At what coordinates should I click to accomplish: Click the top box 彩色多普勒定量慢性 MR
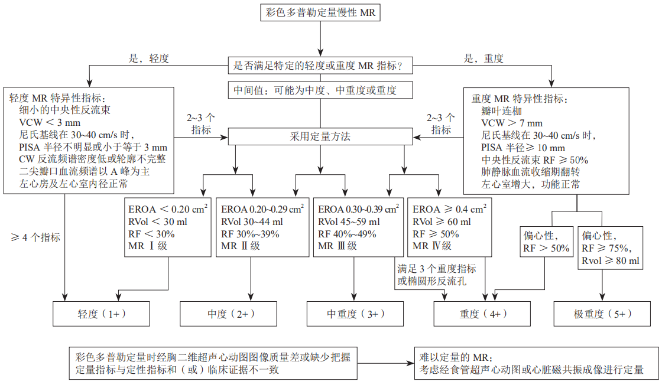(319, 12)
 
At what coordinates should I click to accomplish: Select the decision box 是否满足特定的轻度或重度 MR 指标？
(319, 66)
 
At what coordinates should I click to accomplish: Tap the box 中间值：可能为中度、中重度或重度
(319, 90)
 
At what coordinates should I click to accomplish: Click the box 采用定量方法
(320, 136)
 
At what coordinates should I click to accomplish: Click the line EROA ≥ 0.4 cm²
(450, 209)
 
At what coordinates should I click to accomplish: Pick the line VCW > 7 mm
(512, 123)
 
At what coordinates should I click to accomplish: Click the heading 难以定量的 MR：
(453, 357)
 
